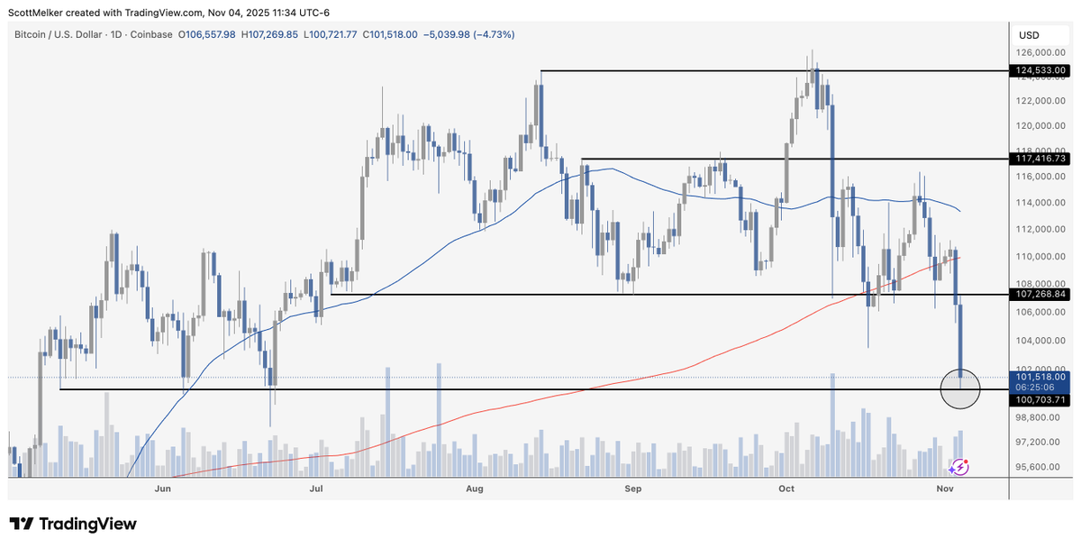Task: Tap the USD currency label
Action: (x=1029, y=35)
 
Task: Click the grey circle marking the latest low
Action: (x=961, y=388)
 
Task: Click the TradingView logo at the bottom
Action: (x=72, y=524)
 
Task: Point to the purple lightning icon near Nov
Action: (x=960, y=466)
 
